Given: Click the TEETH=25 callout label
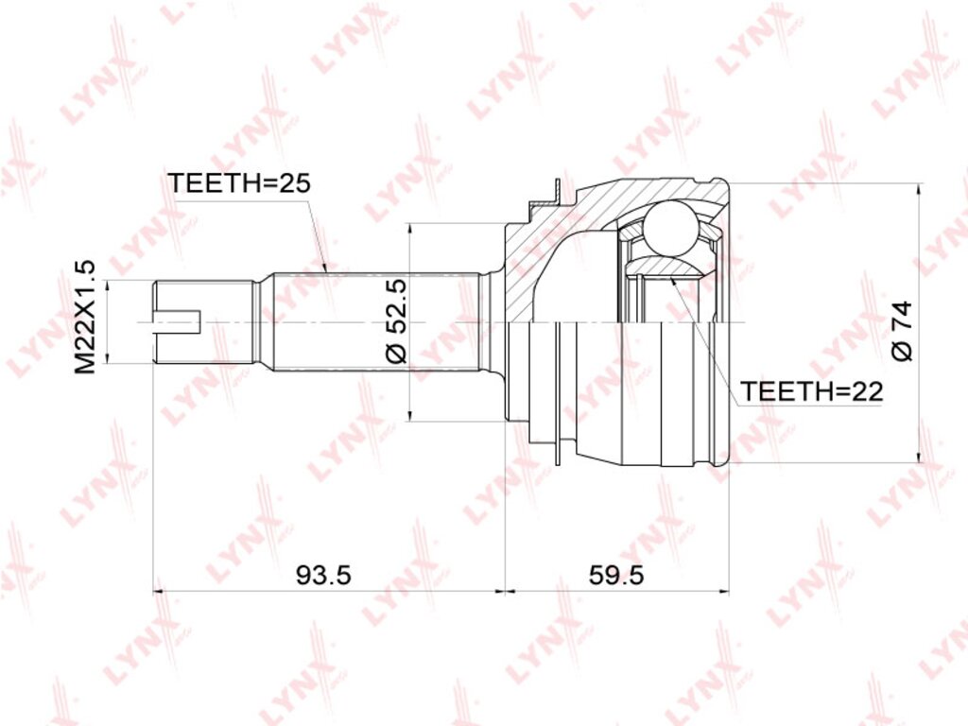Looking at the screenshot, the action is pos(239,183).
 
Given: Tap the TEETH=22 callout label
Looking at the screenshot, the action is pos(812,390).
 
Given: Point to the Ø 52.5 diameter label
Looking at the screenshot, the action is pos(397,321).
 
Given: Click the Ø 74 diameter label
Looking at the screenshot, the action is pos(901,331).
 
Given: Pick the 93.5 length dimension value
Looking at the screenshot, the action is pos(323,576).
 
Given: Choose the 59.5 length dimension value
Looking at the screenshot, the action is pos(616,576).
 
